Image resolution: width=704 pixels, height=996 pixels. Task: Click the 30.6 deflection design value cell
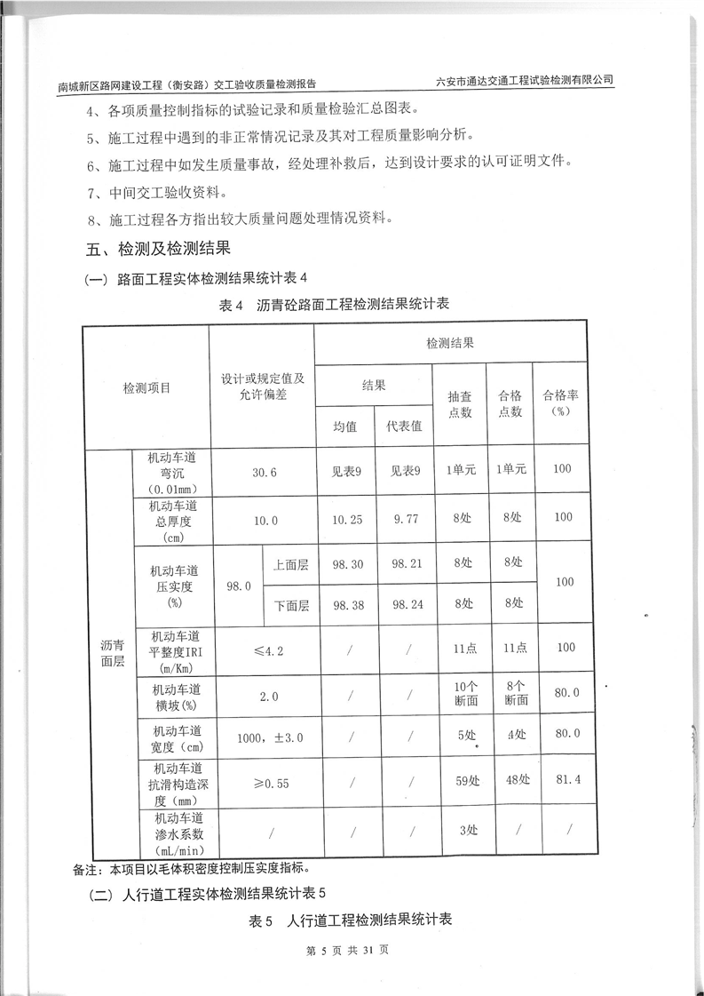point(263,474)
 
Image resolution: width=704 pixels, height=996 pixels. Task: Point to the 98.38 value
point(346,605)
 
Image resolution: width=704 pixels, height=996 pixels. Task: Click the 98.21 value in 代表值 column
point(404,563)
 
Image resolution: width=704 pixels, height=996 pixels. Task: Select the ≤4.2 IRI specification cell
point(263,650)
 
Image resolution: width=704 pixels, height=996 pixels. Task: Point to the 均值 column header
point(344,426)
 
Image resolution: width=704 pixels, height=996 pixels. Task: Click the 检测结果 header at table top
point(449,343)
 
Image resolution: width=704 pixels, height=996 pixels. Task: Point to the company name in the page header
point(526,80)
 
